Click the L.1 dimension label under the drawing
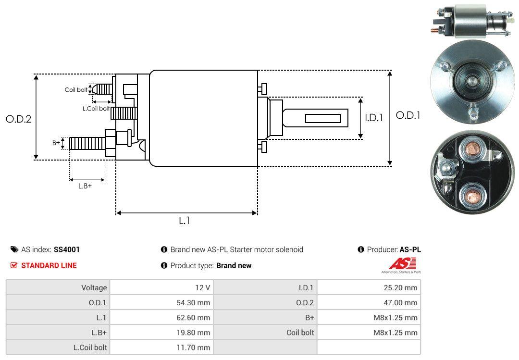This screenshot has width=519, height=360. [185, 221]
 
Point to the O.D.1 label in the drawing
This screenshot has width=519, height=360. [408, 115]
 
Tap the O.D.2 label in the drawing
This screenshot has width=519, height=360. [18, 119]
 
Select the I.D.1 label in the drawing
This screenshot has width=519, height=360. [373, 117]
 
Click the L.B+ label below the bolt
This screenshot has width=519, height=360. [85, 186]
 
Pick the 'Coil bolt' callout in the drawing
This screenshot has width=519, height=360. [76, 90]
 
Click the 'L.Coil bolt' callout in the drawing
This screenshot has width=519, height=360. [96, 109]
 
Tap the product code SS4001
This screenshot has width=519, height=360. [67, 249]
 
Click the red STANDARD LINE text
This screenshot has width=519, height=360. [49, 265]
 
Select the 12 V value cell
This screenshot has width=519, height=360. [201, 287]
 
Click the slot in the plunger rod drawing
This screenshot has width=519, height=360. [323, 118]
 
